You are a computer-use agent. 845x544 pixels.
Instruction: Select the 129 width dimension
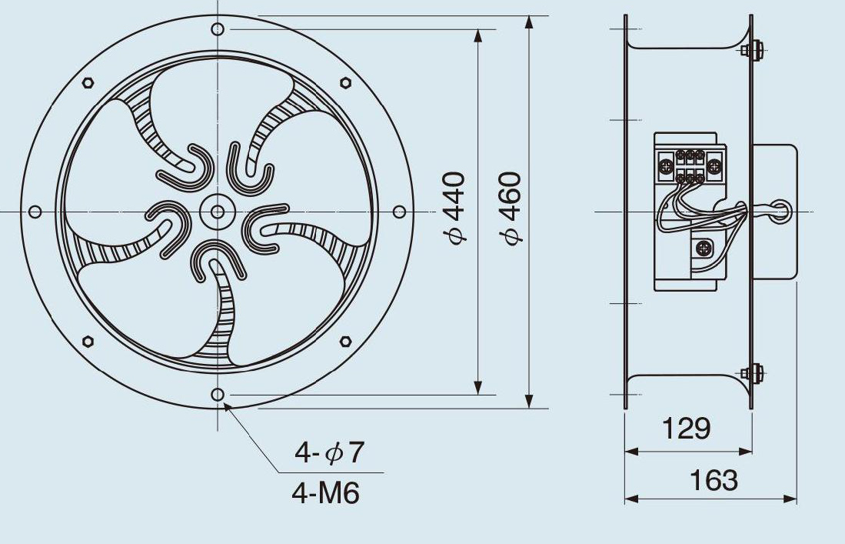point(686,429)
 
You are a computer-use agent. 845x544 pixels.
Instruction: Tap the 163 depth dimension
point(714,479)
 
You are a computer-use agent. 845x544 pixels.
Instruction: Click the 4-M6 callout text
point(325,492)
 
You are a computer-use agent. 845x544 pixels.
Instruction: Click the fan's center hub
point(217,212)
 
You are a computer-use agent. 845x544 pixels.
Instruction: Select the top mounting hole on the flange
point(217,29)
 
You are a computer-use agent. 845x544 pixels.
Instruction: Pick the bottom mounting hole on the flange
point(217,394)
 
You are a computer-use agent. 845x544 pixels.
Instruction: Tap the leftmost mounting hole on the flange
point(35,212)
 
